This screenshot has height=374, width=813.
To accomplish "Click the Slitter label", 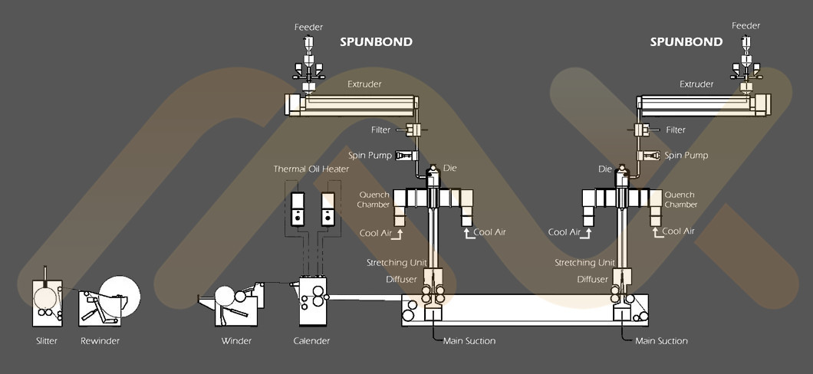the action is click(47, 341).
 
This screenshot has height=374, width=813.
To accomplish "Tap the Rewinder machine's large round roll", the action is click(120, 296).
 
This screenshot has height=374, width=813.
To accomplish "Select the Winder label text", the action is click(236, 341).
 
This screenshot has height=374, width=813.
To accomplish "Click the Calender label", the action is click(311, 341).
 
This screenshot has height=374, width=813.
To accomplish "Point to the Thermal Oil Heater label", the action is click(311, 169).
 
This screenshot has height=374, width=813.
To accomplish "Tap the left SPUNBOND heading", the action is click(377, 42).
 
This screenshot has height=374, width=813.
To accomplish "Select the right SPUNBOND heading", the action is click(686, 42).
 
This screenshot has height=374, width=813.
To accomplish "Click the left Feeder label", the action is click(309, 27).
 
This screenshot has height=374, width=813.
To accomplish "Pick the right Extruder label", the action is click(696, 84).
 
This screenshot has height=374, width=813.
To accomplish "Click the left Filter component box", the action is click(413, 130).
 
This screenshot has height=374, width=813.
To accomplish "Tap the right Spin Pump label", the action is click(686, 156).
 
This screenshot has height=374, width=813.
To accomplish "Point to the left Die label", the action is click(450, 169).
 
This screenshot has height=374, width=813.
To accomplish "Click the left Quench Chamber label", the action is click(374, 199).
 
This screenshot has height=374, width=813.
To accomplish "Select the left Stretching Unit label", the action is click(397, 263).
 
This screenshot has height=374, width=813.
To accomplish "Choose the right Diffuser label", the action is click(593, 280).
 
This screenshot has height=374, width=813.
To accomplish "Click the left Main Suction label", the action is click(469, 341).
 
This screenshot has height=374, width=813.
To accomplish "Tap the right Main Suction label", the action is click(662, 341).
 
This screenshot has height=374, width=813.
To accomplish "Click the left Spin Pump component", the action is click(407, 156).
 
